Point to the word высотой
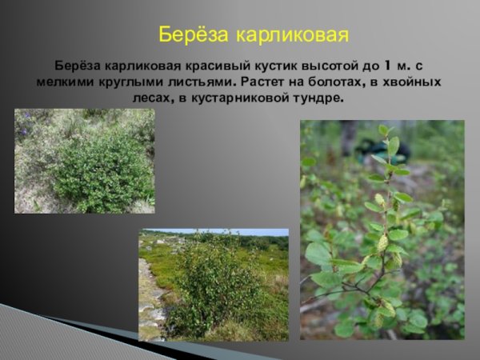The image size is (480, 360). tap(334, 66)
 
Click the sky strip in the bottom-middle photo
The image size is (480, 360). tap(240, 233)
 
